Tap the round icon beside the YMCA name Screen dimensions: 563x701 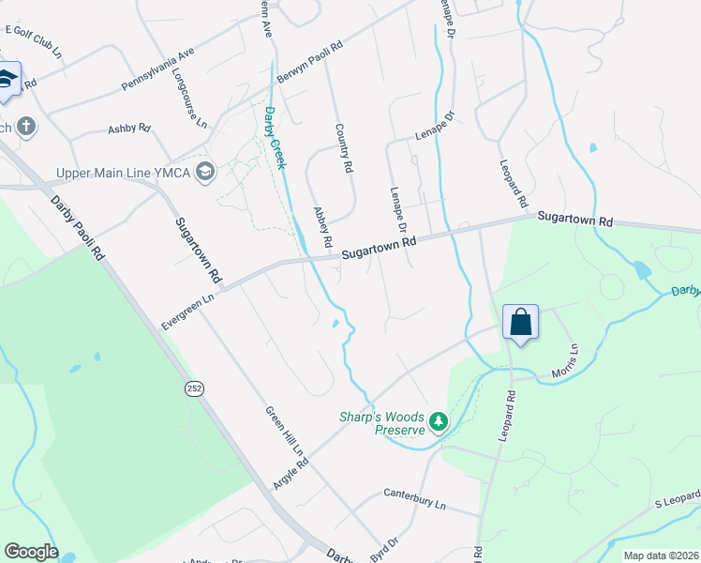[206, 172]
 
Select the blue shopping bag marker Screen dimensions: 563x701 [520, 323]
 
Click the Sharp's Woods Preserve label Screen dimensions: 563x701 [380, 423]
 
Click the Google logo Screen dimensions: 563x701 [31, 552]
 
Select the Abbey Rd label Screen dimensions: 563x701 [323, 227]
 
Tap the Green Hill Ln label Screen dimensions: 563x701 [286, 431]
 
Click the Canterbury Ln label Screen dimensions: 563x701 [415, 497]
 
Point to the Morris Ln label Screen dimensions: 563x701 [573, 361]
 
